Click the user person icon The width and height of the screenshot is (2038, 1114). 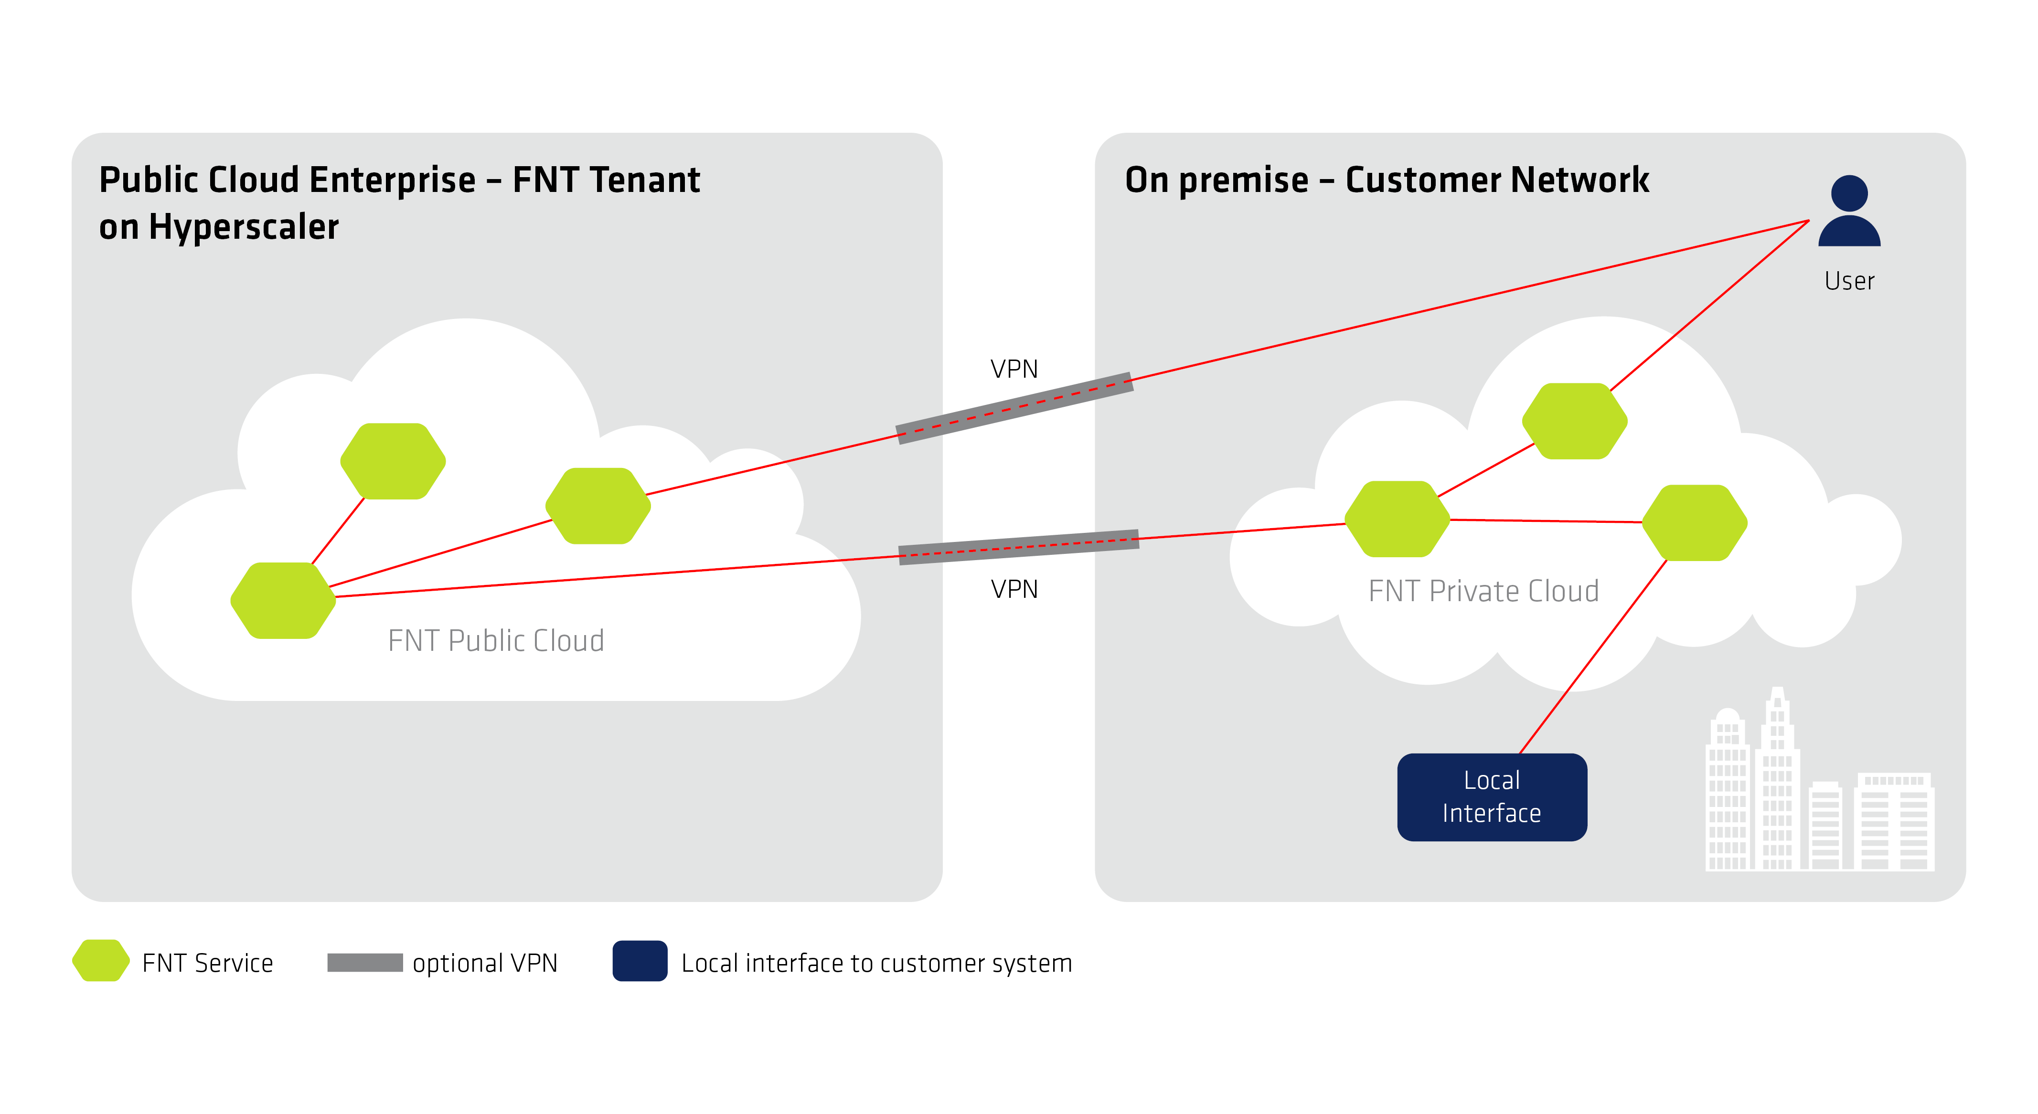[x=1849, y=212]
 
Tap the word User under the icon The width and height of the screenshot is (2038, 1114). [x=1849, y=281]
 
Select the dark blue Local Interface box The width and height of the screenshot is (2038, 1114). [x=1491, y=797]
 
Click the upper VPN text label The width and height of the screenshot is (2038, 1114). [x=1014, y=369]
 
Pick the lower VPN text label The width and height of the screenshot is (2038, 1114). [x=1014, y=589]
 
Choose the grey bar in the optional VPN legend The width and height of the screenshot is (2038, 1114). [x=365, y=962]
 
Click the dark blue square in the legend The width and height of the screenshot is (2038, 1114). [x=639, y=961]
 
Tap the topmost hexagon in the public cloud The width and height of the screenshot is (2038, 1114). [x=393, y=461]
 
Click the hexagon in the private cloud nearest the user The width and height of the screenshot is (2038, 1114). [x=1574, y=421]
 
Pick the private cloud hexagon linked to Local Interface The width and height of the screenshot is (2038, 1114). [x=1695, y=523]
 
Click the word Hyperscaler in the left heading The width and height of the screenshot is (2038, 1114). [x=244, y=227]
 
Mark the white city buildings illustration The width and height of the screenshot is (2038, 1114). [x=1820, y=791]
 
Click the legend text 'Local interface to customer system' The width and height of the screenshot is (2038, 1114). [x=876, y=963]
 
